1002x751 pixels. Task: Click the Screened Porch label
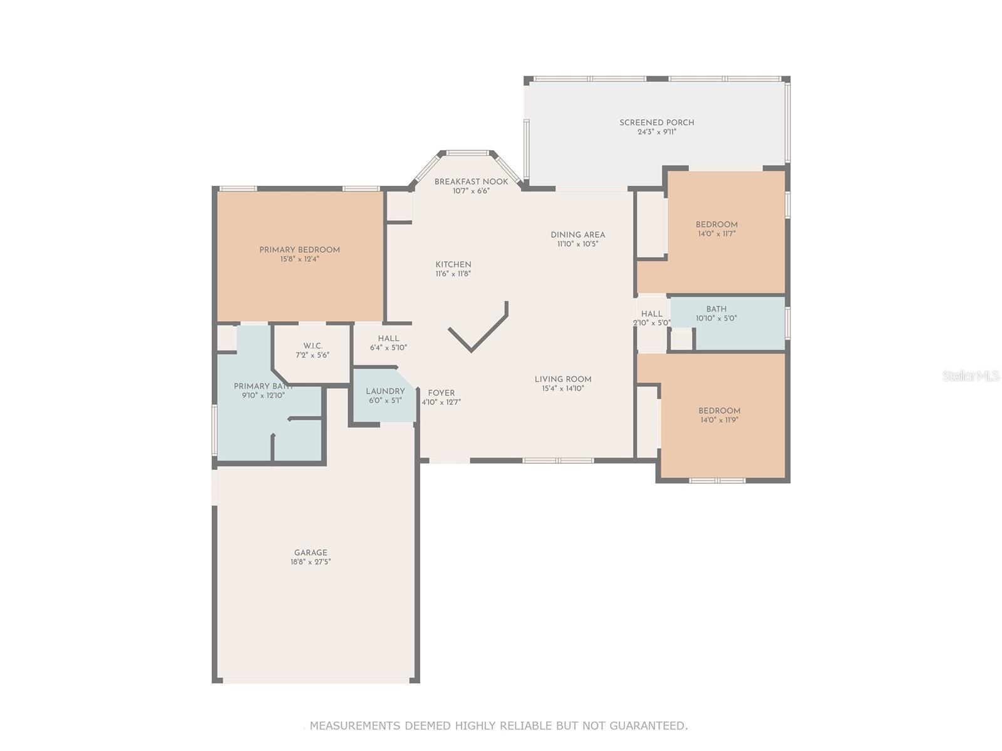point(656,123)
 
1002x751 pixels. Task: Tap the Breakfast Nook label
point(471,181)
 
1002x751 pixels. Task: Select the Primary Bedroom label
point(299,250)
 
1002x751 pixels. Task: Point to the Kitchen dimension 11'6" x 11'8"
point(453,274)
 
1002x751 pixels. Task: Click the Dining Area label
point(577,235)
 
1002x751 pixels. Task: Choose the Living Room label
point(563,379)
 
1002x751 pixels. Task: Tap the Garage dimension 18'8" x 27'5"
point(311,562)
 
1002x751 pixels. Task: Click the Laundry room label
point(385,391)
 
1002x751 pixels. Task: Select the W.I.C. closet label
point(312,346)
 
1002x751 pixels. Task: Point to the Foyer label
point(441,393)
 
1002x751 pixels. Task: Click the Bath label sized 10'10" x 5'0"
point(716,309)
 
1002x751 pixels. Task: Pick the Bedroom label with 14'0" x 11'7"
point(716,224)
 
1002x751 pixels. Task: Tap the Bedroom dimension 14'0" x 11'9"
point(720,420)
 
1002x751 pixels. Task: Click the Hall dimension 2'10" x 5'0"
point(651,323)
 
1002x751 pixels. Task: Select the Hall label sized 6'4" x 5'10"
point(388,339)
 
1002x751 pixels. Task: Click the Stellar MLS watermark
point(971,375)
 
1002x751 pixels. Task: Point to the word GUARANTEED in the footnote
point(648,725)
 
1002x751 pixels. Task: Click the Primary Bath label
point(263,387)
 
